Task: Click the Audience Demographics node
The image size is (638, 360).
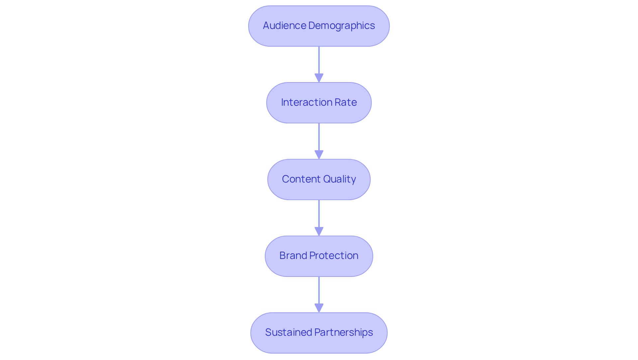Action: tap(319, 26)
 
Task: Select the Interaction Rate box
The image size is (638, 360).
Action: tap(319, 103)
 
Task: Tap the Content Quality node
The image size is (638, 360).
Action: tap(319, 180)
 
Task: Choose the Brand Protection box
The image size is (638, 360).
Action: tap(319, 256)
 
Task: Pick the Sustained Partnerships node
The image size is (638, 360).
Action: tap(319, 333)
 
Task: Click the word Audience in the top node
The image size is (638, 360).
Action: tap(284, 26)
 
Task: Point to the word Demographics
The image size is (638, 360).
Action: tap(342, 26)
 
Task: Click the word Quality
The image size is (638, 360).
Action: tap(339, 179)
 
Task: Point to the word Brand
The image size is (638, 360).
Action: tap(293, 256)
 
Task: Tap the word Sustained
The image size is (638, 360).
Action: tap(288, 332)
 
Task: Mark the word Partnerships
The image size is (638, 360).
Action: tap(344, 332)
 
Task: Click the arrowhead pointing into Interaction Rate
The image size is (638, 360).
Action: tap(319, 78)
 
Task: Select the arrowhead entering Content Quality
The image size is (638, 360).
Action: tap(319, 155)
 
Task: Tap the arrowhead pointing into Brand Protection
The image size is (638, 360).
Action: tap(319, 232)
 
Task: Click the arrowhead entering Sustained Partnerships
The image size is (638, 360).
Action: tap(319, 308)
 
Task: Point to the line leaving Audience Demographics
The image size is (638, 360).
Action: tap(319, 60)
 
